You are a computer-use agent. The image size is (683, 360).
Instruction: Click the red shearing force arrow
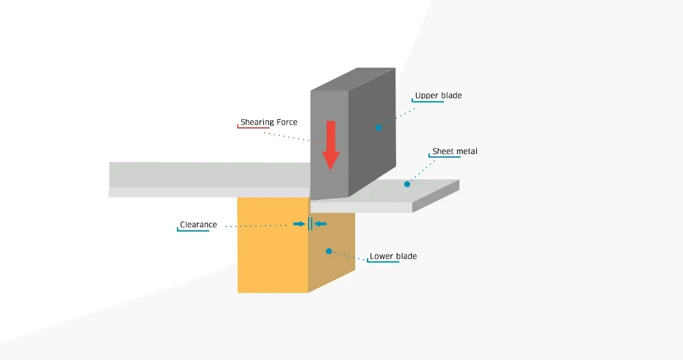coord(330,146)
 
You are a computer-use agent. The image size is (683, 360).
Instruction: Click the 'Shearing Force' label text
coord(269,122)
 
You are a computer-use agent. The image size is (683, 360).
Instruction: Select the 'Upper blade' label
coord(438,96)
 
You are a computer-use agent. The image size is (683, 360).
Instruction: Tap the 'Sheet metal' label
coord(455,151)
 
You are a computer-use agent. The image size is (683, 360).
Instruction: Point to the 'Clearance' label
coord(199,225)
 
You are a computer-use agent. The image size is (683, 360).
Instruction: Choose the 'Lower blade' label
coord(393,256)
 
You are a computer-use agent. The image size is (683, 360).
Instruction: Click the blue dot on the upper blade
coord(378,127)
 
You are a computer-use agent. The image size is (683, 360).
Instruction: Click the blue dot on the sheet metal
coord(407,184)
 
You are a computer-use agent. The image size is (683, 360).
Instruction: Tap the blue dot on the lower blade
coord(329,251)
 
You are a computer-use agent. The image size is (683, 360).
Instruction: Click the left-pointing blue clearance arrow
coord(320,223)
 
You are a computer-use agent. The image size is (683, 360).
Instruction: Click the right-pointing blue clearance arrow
coord(299,223)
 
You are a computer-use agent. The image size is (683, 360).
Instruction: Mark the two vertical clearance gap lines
coord(310,223)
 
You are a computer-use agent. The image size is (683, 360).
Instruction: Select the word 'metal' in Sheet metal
coord(467,151)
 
